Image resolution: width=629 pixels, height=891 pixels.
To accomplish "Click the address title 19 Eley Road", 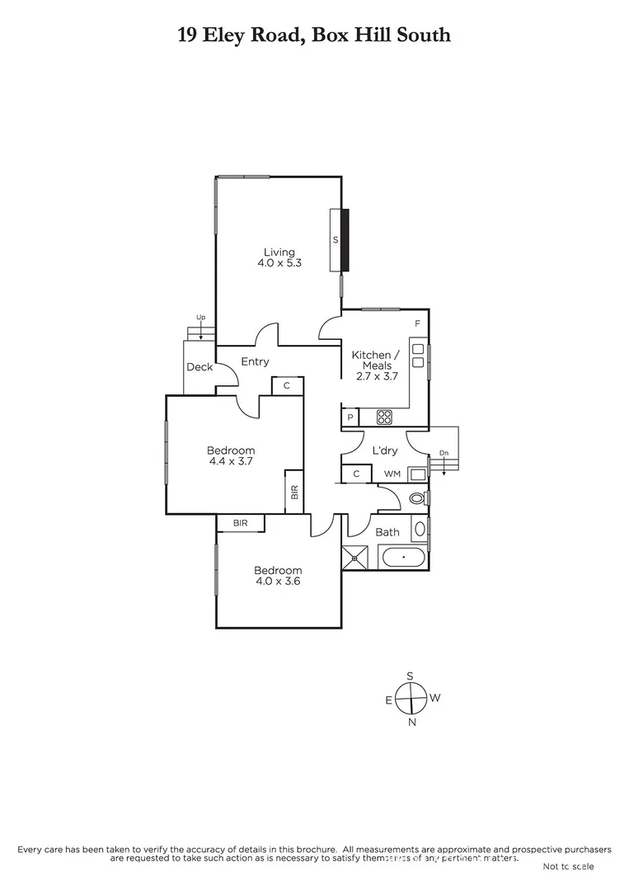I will point(314,35).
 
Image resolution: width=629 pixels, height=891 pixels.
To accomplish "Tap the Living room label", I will point(279,252).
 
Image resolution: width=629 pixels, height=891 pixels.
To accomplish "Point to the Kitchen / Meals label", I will point(371,360).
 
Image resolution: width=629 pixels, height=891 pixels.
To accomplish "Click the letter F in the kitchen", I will point(417,324).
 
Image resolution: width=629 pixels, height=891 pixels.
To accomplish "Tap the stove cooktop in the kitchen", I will point(384,417).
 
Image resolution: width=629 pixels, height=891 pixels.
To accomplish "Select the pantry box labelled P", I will point(350,418).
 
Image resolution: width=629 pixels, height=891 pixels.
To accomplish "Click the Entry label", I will point(255,361).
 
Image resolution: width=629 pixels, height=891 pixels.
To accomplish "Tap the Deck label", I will point(199,367).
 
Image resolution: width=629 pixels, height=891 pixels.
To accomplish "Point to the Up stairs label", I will point(200,317).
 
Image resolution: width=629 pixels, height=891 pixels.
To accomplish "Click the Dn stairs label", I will point(444,453).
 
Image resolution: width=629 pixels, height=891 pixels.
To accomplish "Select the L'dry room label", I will point(384,451).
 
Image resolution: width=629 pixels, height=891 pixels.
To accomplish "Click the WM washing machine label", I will point(392,474).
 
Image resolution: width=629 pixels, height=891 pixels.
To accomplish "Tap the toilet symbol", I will point(417,498).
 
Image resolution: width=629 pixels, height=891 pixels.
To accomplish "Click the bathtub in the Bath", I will point(403,557).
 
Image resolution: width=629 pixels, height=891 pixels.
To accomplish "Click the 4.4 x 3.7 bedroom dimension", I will point(230,462).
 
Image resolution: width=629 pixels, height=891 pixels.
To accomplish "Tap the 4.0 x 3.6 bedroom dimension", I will point(277,582).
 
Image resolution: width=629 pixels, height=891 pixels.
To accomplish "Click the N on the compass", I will point(412,723).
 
